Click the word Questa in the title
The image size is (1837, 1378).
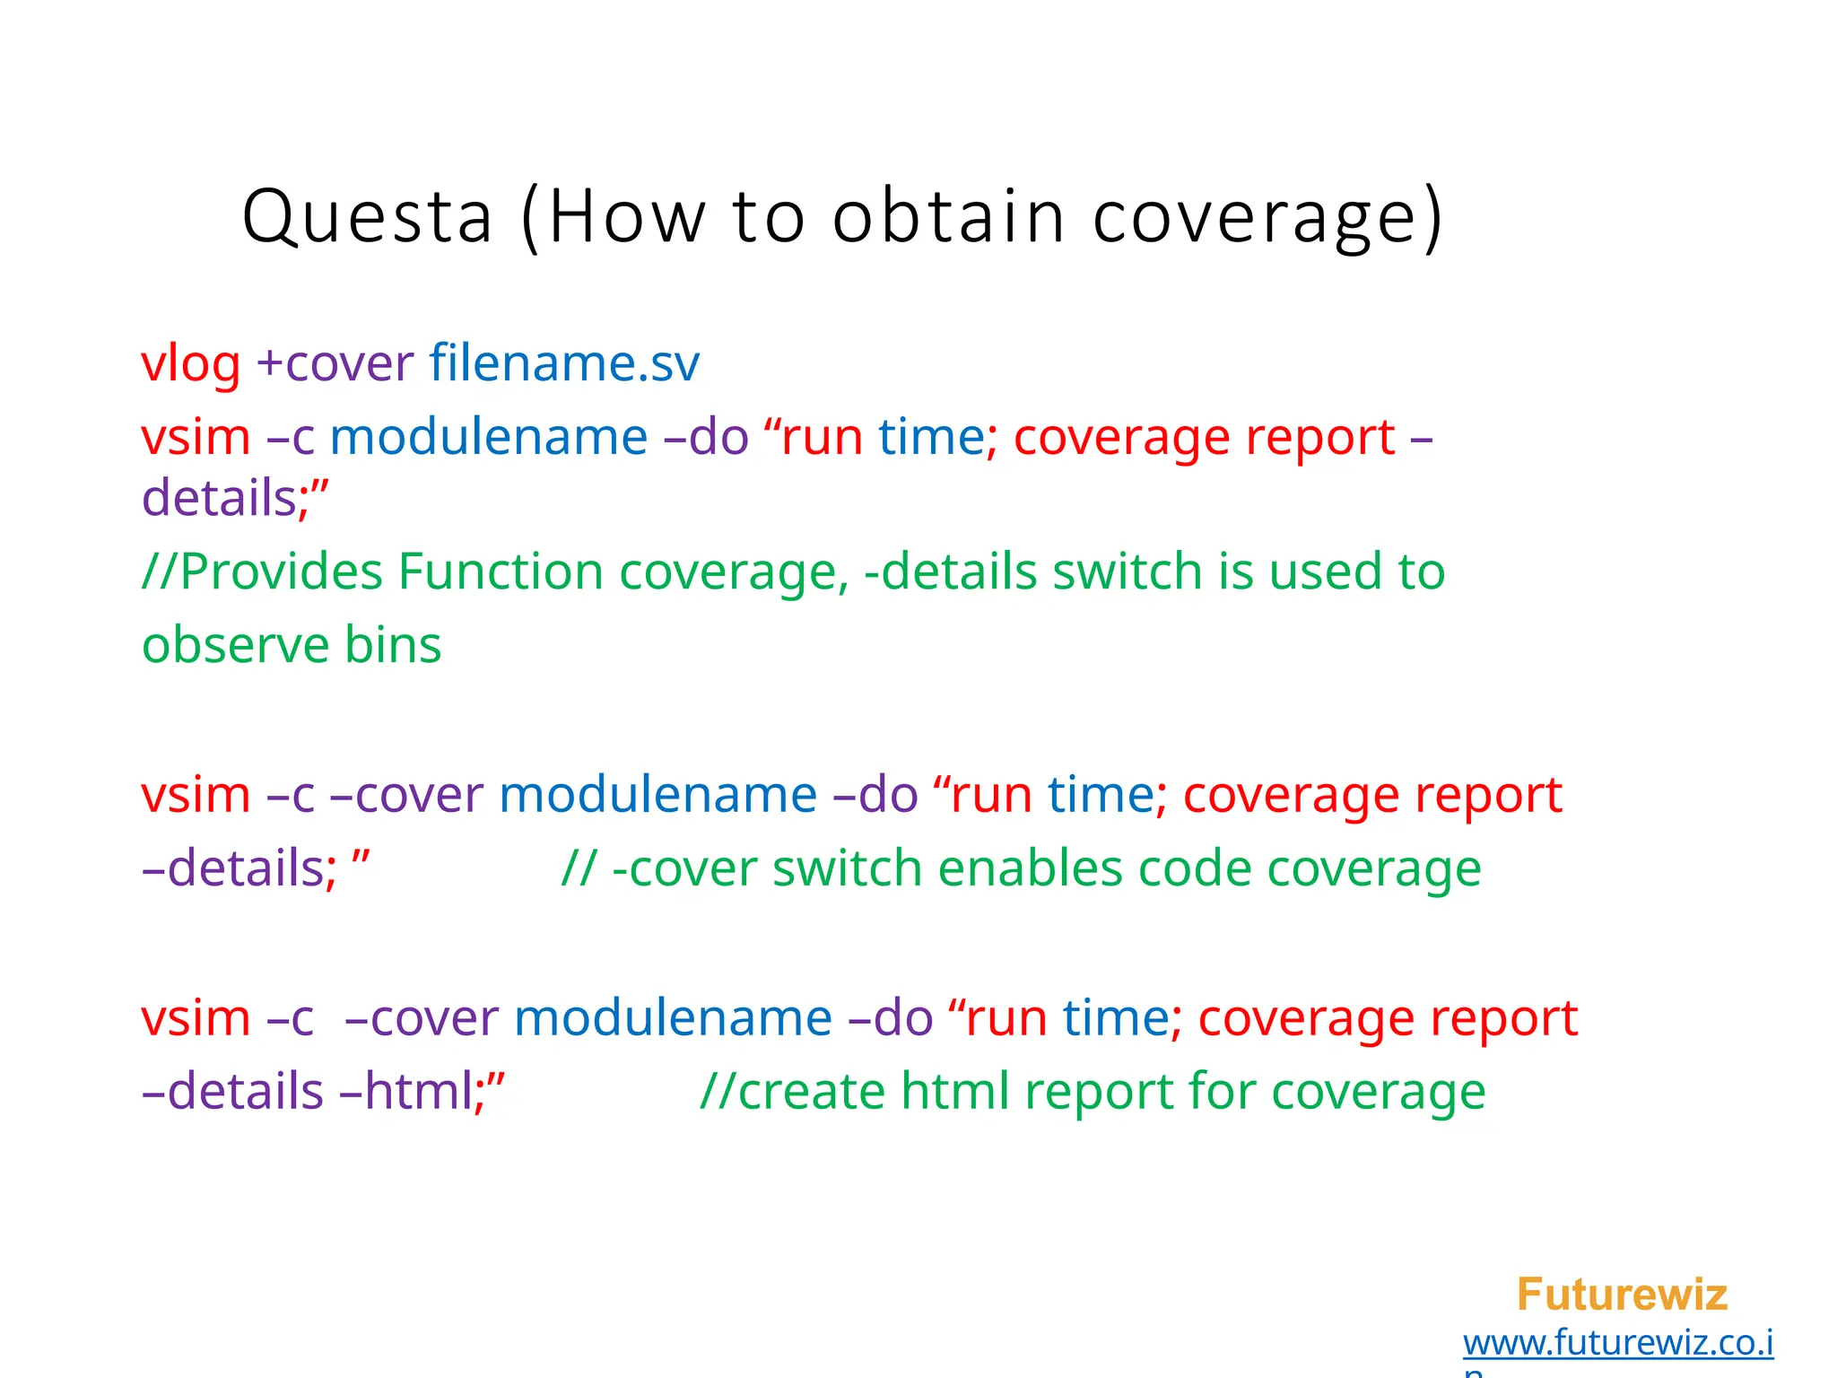click(368, 216)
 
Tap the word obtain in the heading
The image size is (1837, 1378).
click(948, 216)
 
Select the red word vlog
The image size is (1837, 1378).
click(191, 364)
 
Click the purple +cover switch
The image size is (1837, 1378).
click(335, 364)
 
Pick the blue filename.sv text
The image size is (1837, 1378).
click(563, 364)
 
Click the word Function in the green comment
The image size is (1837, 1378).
click(501, 571)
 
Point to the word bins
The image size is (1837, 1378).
click(393, 645)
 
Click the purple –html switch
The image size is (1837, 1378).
click(406, 1092)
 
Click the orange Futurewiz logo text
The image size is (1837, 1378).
click(1621, 1295)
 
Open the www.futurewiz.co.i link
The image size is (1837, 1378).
click(1617, 1343)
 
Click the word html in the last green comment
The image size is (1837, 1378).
click(954, 1092)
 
